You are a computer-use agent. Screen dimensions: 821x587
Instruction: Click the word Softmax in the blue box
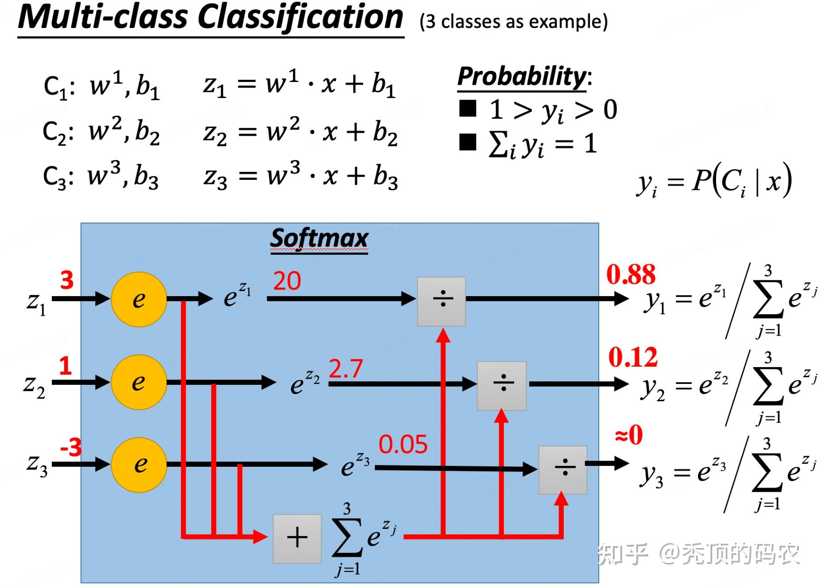coord(319,239)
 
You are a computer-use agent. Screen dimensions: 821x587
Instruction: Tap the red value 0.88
coord(631,274)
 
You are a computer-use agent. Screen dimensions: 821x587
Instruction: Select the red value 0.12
coord(633,357)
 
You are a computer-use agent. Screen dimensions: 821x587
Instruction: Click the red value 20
coord(287,281)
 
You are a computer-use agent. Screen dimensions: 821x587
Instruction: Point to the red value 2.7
coord(346,368)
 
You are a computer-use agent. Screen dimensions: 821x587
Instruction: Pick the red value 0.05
coord(403,444)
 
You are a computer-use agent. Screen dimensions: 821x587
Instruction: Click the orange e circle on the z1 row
coord(139,300)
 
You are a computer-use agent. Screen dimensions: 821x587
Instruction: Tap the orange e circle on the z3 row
coord(139,465)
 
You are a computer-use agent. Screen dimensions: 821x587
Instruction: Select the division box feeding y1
coord(441,301)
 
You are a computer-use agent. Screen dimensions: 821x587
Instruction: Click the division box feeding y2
coord(502,386)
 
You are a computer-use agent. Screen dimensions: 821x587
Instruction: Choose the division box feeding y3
coord(563,470)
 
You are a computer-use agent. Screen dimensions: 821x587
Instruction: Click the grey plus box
coord(297,539)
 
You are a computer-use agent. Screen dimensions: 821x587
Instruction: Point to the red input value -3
coord(71,447)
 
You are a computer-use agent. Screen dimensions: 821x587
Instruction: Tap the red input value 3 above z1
coord(67,280)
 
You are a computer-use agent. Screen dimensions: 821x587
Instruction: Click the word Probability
coord(522,76)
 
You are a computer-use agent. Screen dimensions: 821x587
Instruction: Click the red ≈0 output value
coord(629,434)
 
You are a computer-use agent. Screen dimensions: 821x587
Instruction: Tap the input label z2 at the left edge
coord(34,386)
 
